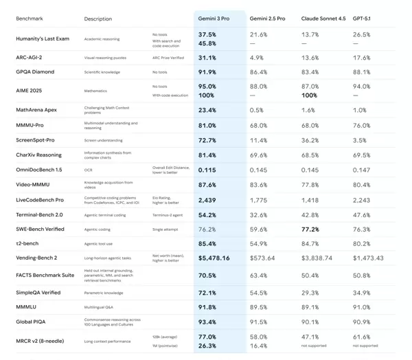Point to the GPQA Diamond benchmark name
[x=34, y=71]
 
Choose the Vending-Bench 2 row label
[x=37, y=258]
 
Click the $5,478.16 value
[x=214, y=258]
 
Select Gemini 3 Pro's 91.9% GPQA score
[x=207, y=71]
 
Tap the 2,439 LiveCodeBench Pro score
[x=207, y=200]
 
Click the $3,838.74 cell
[x=317, y=258]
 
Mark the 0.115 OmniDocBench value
[x=207, y=170]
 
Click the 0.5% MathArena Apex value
[x=257, y=110]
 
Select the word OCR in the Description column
[x=89, y=170]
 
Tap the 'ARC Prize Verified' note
[x=168, y=58]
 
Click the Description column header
[x=98, y=19]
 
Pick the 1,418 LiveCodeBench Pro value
[x=310, y=200]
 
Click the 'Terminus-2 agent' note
[x=167, y=215]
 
